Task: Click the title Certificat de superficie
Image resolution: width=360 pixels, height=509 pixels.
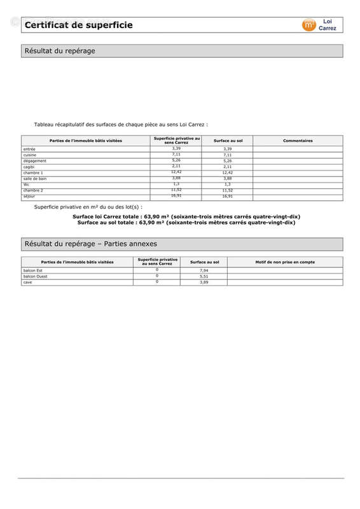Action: click(x=78, y=25)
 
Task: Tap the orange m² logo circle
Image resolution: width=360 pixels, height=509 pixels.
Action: click(x=308, y=25)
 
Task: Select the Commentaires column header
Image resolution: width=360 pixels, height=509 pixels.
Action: click(x=297, y=140)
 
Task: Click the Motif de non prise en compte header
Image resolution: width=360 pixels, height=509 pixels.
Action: click(x=285, y=261)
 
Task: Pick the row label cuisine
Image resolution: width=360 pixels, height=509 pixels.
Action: click(x=30, y=155)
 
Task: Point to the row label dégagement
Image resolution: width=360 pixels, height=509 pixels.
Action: click(x=34, y=161)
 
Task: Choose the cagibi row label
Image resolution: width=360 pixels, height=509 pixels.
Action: click(x=29, y=167)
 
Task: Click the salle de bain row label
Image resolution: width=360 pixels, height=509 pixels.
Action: click(x=35, y=179)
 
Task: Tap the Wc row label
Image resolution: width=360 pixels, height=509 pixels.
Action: click(x=26, y=185)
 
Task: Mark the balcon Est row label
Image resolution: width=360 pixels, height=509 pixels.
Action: click(x=32, y=270)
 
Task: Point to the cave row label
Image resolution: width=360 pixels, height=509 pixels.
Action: click(x=27, y=282)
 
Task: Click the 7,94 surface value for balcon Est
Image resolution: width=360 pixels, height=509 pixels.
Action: click(x=204, y=270)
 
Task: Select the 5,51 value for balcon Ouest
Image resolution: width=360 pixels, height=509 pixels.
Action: click(x=204, y=276)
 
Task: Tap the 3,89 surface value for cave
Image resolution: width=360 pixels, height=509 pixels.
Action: click(x=204, y=282)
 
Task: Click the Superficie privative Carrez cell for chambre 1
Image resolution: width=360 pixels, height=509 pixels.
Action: click(x=176, y=172)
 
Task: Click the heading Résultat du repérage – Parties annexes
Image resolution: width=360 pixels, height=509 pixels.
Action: click(x=90, y=244)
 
